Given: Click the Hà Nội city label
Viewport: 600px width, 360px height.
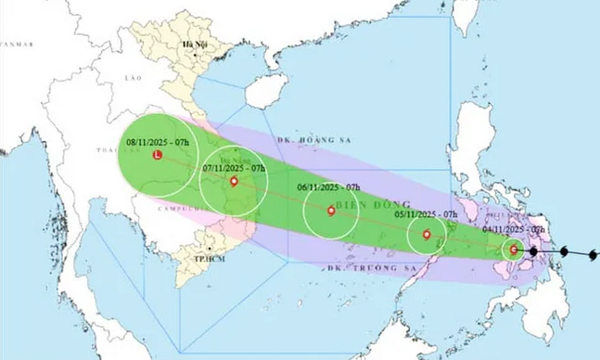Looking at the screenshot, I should coord(194,45).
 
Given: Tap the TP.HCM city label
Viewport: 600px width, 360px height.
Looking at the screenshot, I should coord(209,259).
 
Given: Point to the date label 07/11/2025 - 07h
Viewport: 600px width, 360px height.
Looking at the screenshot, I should coord(234,168).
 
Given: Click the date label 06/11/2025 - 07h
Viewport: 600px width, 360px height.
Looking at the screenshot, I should coord(328,187).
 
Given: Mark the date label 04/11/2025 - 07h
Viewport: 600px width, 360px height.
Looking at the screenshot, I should coord(514,229).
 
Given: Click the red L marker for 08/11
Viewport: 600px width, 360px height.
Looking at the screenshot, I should coord(157,155).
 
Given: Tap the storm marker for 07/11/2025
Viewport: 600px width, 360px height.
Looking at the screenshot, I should coord(234,182).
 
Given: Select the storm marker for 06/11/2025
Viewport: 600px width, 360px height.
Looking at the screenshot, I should coord(331,211).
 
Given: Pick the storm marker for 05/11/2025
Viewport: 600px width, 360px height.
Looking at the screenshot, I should coord(426,235).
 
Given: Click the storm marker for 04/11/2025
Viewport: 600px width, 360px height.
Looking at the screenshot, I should coord(513,250).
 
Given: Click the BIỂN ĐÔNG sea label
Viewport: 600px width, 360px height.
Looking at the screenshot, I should coord(373,205).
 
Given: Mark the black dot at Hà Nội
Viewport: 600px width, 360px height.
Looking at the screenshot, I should coord(195,55).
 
